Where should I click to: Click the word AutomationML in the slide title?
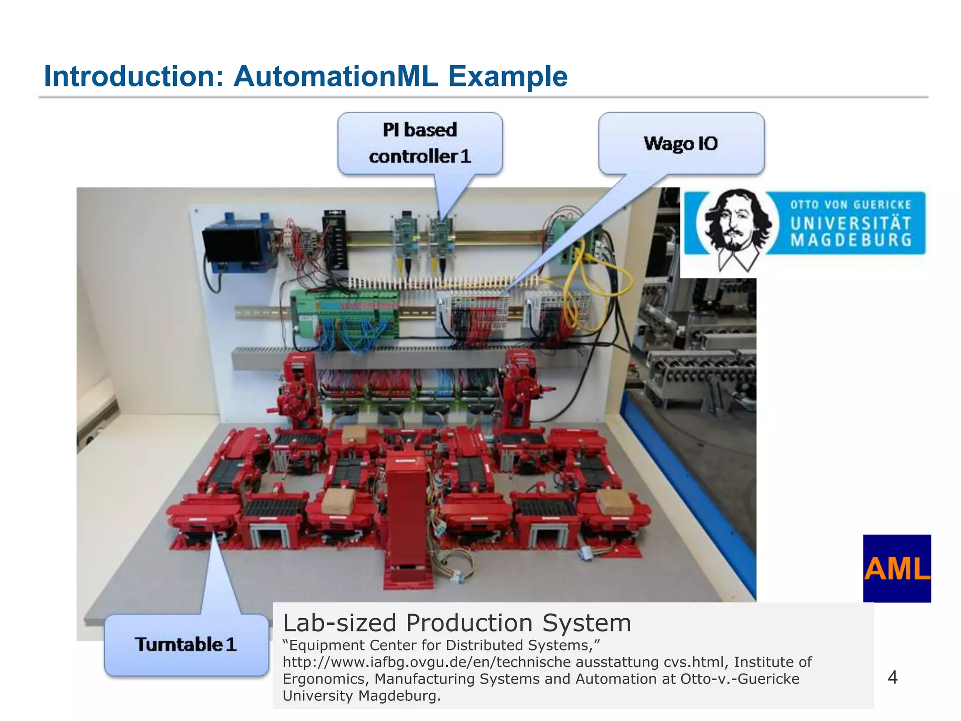click(x=336, y=76)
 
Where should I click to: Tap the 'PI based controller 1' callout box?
click(x=419, y=143)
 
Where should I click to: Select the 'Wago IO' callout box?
click(x=681, y=143)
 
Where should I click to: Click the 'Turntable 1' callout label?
click(x=186, y=644)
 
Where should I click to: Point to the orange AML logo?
click(x=897, y=568)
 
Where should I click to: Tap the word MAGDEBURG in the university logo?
click(x=851, y=240)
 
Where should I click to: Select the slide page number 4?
click(x=892, y=677)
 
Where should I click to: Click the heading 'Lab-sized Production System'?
click(x=457, y=623)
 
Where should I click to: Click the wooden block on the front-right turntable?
click(x=615, y=502)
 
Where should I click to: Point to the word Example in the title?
click(x=508, y=76)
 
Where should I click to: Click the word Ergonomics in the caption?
click(x=324, y=679)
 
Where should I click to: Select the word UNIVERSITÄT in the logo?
click(x=851, y=223)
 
